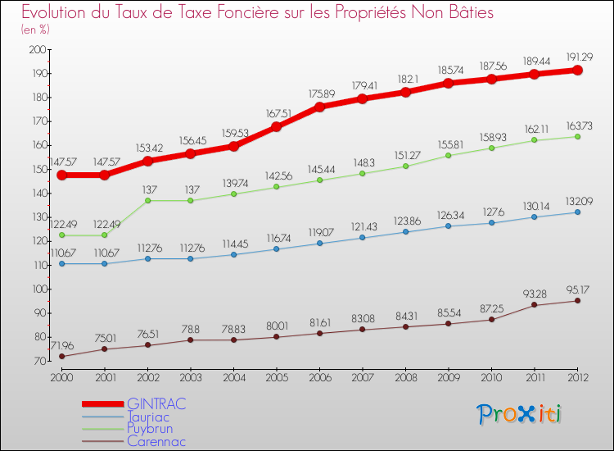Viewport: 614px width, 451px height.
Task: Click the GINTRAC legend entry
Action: click(156, 403)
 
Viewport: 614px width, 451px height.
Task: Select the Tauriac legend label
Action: click(151, 416)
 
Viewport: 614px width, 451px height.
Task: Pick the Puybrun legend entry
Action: click(150, 428)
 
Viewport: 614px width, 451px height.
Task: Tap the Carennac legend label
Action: click(156, 441)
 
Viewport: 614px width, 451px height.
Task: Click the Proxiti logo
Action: click(520, 414)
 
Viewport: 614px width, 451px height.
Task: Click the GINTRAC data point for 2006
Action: click(319, 107)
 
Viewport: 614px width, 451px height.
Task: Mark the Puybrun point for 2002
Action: click(147, 201)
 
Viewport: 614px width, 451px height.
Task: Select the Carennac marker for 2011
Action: click(535, 305)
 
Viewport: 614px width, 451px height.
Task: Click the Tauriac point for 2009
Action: click(449, 225)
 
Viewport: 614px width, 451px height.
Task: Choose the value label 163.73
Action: click(577, 125)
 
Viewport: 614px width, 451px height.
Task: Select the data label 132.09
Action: click(577, 202)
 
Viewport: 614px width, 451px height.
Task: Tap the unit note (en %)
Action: click(35, 30)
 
